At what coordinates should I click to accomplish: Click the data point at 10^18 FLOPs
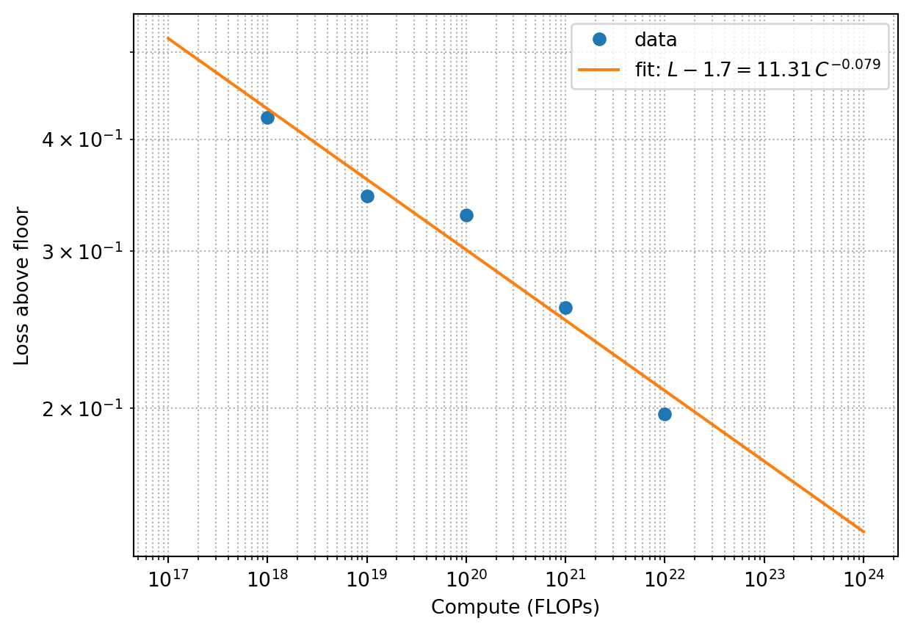click(x=267, y=118)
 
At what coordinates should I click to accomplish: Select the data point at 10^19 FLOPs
click(x=367, y=197)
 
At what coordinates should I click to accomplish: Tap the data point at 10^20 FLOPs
click(x=466, y=215)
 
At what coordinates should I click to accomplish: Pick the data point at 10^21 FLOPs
click(x=565, y=308)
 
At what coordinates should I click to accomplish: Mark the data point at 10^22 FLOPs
click(x=665, y=415)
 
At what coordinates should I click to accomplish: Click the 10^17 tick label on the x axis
click(x=168, y=578)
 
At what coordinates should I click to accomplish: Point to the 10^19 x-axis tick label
click(x=367, y=578)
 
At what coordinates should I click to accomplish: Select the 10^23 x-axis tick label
click(x=764, y=578)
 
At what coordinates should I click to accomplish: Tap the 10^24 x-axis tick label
click(x=864, y=578)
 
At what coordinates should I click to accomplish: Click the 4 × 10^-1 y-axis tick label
click(x=82, y=139)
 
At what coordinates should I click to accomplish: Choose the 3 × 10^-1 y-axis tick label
click(x=82, y=251)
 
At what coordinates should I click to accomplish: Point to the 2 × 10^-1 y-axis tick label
click(x=82, y=408)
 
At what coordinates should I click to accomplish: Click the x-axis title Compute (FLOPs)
click(x=515, y=607)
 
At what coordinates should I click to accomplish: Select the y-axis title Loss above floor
click(x=21, y=286)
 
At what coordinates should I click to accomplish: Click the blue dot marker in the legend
click(x=599, y=40)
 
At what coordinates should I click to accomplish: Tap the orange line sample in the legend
click(x=599, y=70)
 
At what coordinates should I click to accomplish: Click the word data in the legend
click(x=656, y=40)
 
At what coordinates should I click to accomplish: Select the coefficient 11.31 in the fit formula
click(x=783, y=70)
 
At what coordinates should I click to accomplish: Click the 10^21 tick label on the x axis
click(x=565, y=578)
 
